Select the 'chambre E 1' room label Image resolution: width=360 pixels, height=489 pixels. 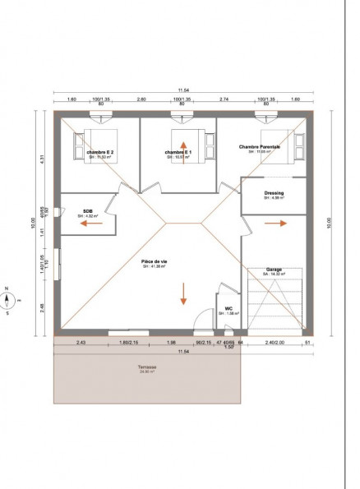point(178,152)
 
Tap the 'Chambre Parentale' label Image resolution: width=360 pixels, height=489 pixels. point(260,147)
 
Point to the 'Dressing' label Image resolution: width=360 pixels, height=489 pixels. point(274,194)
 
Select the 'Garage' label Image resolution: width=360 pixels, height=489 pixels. point(274,270)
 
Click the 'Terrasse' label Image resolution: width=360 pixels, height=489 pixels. point(148,367)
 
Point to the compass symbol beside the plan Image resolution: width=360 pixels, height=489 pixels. point(7,300)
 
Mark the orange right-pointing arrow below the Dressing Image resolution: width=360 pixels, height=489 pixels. point(281,223)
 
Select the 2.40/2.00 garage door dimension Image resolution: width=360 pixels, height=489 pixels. point(275,342)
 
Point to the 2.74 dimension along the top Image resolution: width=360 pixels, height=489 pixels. point(223,99)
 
